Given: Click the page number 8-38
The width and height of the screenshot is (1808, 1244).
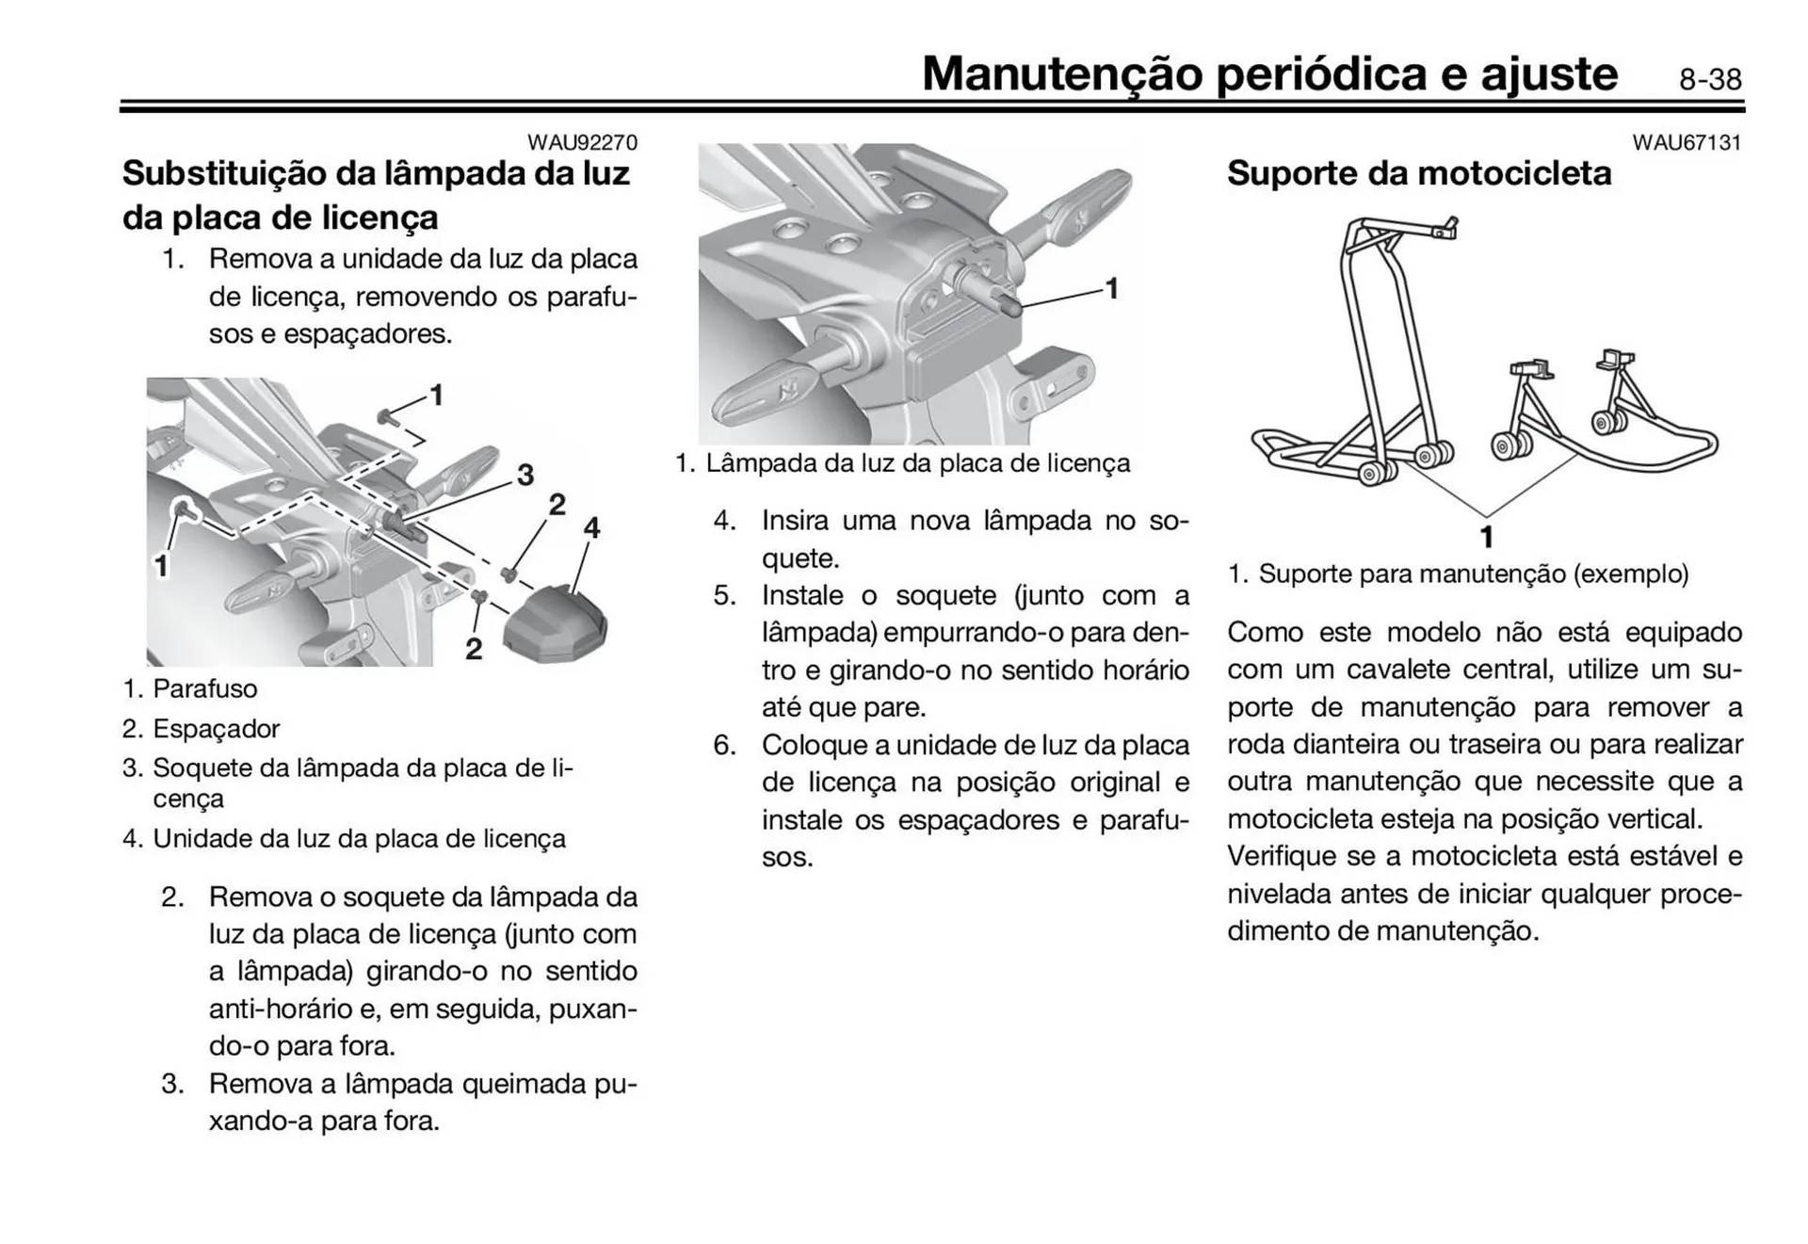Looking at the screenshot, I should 1710,79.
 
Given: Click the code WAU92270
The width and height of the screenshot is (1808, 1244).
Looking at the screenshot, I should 582,142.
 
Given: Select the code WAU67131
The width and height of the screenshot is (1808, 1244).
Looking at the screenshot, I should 1687,142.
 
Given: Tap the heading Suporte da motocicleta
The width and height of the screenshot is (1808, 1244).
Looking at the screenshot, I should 1418,173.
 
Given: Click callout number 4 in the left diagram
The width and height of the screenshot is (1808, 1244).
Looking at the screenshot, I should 591,527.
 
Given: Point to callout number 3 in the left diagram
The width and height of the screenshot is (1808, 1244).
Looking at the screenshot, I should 525,475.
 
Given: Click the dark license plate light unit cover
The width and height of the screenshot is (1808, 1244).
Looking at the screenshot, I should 555,622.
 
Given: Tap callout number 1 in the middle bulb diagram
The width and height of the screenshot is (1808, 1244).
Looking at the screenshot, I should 1111,288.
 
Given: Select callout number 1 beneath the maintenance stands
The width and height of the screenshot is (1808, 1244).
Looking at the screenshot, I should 1486,537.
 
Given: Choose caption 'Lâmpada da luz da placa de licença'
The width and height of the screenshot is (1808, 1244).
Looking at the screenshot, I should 917,463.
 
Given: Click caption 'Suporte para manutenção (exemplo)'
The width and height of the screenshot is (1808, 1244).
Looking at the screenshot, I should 1473,574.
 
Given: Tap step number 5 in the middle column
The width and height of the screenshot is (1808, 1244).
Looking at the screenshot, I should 723,595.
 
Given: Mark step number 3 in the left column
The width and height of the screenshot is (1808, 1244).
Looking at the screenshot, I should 171,1084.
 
